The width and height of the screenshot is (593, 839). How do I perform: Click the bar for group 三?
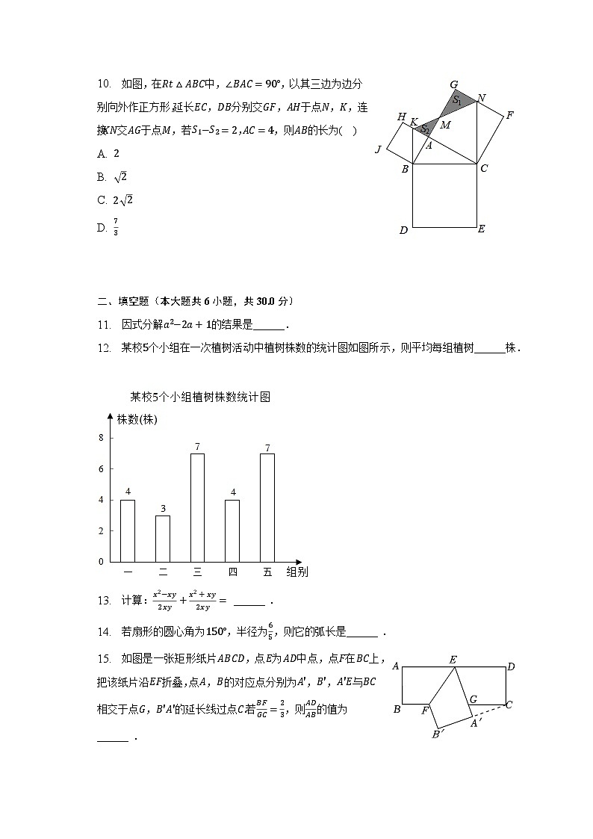click(197, 507)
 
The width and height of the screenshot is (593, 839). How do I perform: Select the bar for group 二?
click(163, 538)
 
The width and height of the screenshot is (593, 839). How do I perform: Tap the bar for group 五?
click(267, 507)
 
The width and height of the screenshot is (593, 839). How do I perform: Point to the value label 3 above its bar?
click(163, 509)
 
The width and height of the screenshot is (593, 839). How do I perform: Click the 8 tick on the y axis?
click(102, 438)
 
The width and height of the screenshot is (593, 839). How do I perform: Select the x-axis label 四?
click(232, 572)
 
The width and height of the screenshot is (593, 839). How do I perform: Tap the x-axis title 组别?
click(297, 572)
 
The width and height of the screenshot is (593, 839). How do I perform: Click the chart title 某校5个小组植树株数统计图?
click(200, 397)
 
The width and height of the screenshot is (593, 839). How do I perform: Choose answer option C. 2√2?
click(116, 200)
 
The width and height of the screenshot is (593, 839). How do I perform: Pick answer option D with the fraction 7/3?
click(109, 227)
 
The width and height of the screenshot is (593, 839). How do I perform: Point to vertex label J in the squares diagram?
click(379, 150)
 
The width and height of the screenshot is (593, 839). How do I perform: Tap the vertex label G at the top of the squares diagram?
click(453, 84)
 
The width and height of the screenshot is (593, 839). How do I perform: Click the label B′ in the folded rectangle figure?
click(438, 734)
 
